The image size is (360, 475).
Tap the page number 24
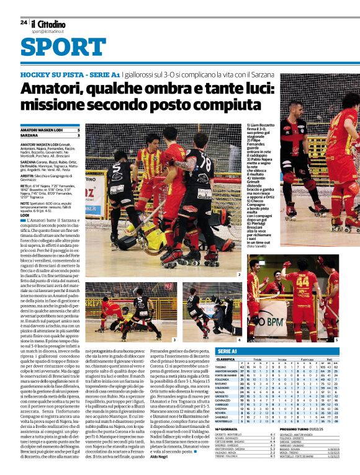[24, 22]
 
